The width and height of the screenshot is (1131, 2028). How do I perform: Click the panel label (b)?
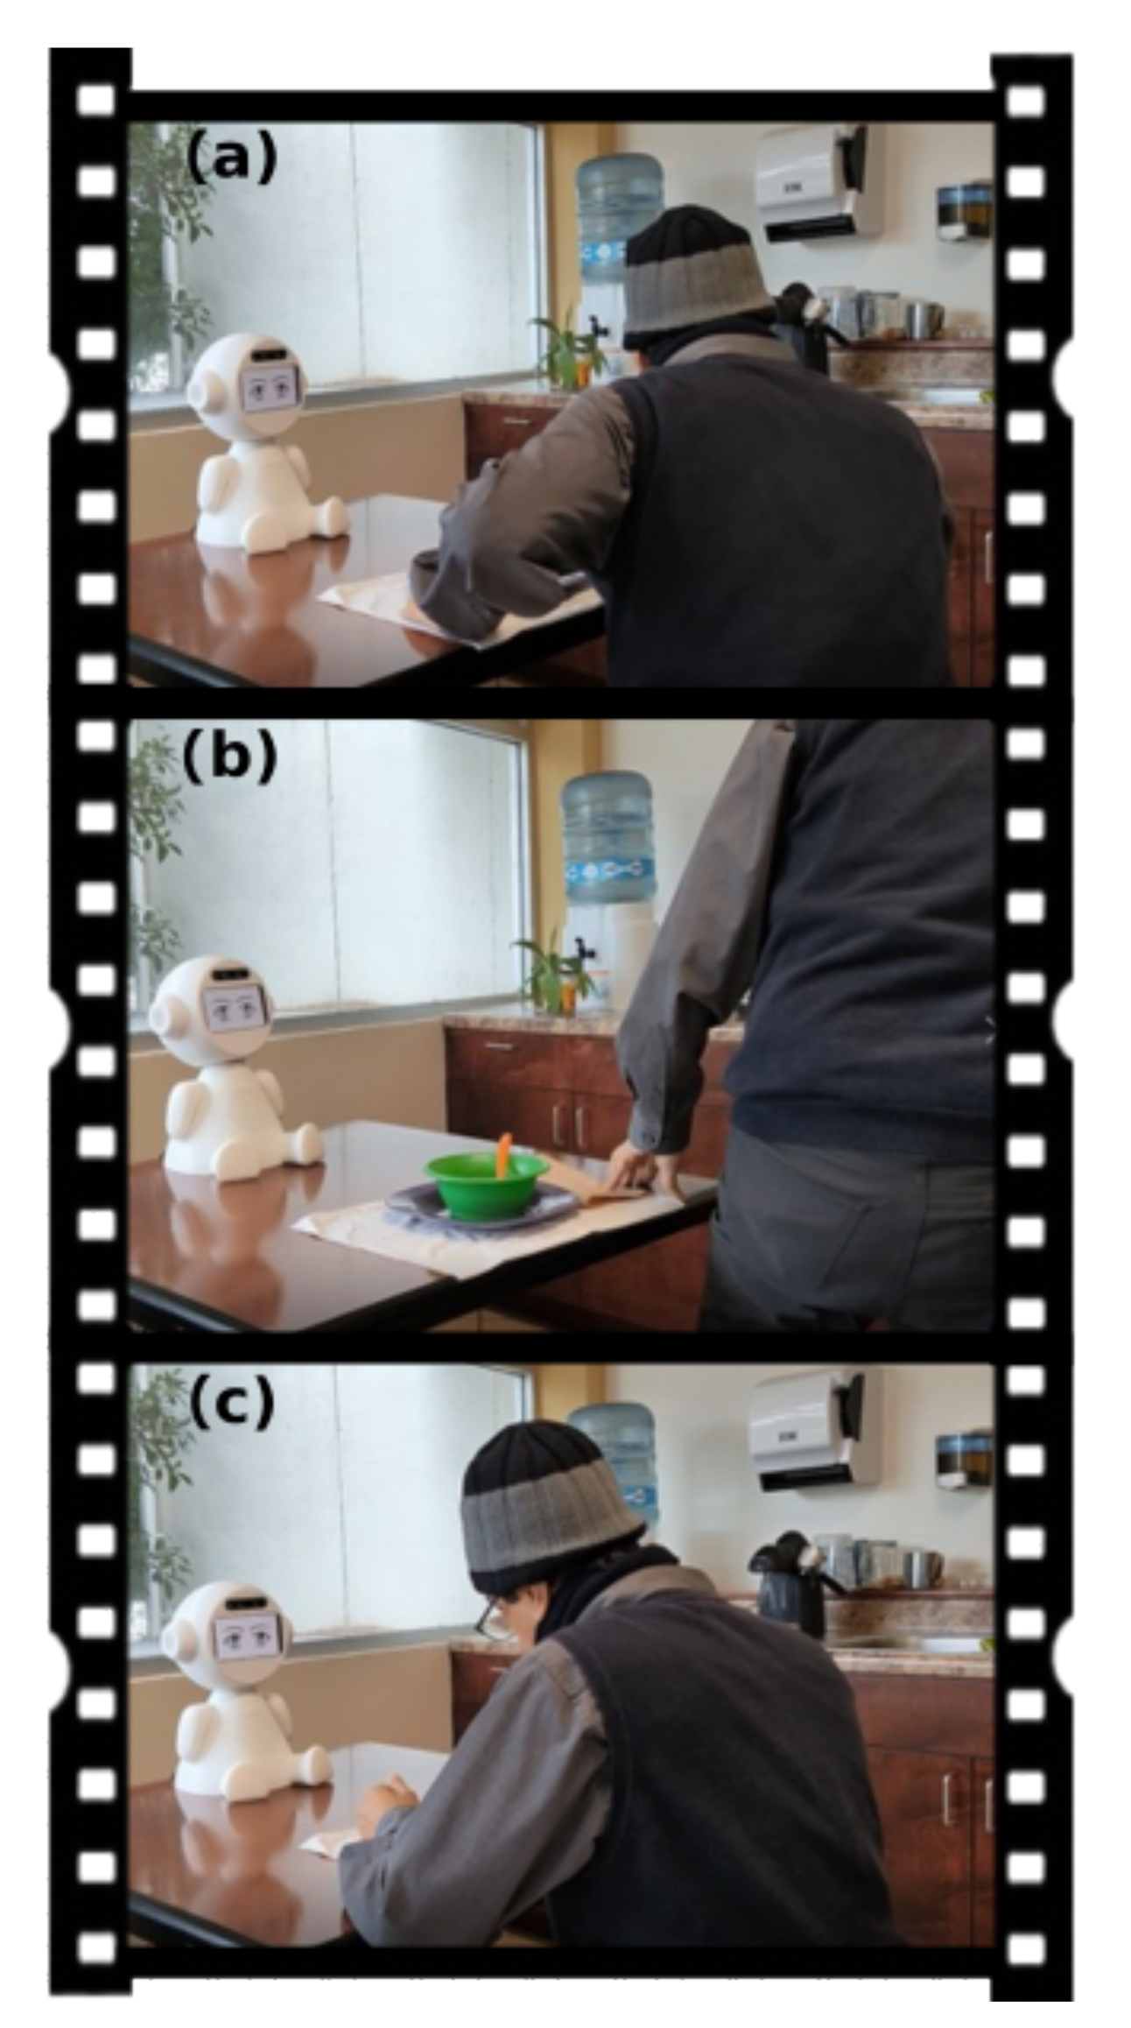tap(229, 757)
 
